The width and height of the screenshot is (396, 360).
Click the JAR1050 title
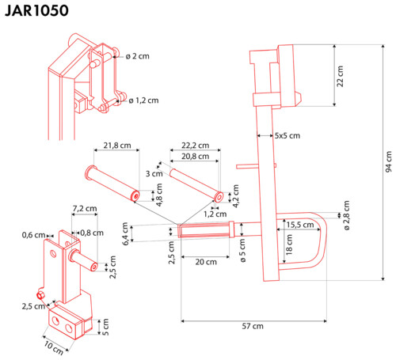tap(36, 11)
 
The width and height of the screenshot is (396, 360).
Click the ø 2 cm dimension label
tap(138, 56)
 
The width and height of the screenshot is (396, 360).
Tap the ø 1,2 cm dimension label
tap(144, 100)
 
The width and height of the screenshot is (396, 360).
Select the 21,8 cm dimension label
tap(117, 146)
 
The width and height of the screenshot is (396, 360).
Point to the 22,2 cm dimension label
tap(195, 146)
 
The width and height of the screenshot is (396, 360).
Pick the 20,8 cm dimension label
tap(195, 157)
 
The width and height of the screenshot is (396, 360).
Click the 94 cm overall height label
tap(389, 161)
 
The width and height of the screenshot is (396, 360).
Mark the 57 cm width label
tap(253, 326)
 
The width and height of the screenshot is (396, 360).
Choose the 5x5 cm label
tap(287, 135)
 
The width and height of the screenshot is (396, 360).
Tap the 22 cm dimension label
tap(341, 76)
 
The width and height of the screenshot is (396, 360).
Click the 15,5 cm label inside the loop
tap(300, 225)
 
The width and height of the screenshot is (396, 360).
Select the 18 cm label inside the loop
tap(289, 244)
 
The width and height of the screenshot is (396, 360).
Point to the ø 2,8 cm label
tap(347, 215)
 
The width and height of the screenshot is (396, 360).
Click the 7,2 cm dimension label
tap(85, 208)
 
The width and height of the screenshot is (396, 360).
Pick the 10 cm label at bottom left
tap(54, 348)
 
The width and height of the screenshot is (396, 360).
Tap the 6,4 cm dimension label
tap(125, 234)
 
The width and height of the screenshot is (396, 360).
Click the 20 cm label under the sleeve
tap(206, 262)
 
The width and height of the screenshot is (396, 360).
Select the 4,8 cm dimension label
tap(159, 195)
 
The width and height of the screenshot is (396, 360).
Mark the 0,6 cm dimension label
tap(33, 235)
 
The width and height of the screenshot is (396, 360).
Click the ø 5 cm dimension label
tap(242, 251)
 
